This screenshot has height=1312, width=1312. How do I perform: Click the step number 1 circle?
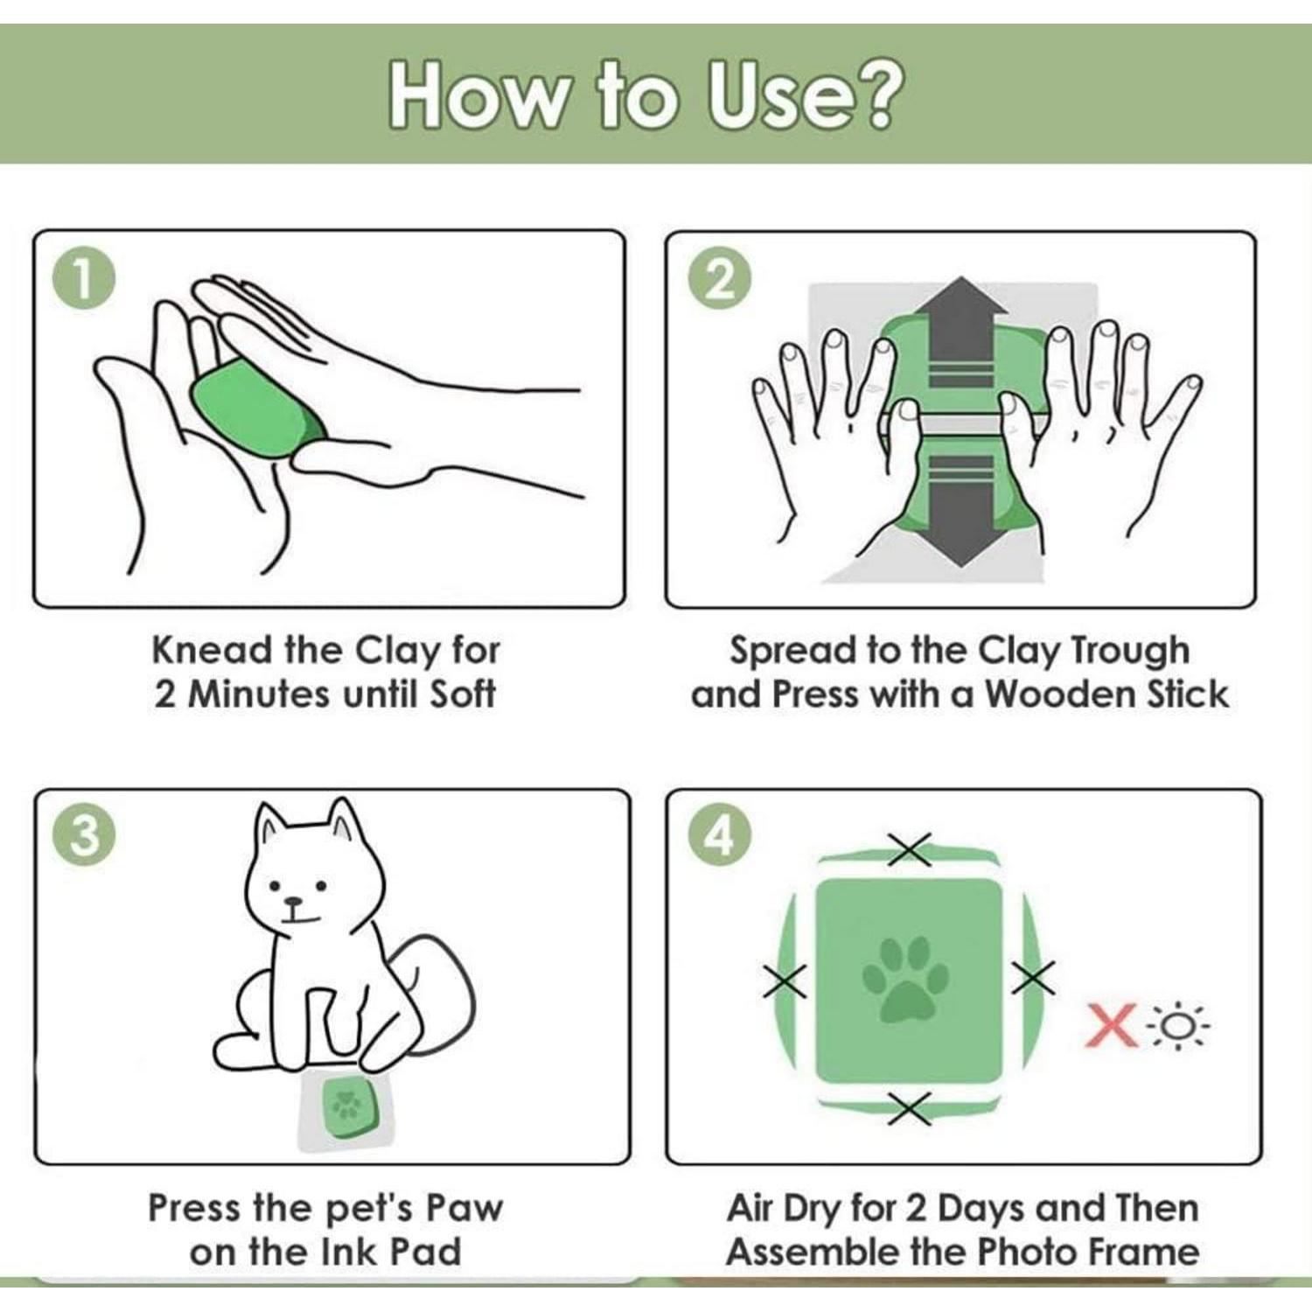[x=84, y=280]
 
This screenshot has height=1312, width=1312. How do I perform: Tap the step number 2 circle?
[x=719, y=280]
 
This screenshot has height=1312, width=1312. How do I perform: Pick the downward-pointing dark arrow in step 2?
[x=960, y=508]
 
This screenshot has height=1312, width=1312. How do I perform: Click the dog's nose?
[x=293, y=902]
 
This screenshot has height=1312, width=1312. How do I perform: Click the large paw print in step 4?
[x=906, y=980]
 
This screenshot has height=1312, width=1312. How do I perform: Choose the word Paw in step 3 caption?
[x=464, y=1209]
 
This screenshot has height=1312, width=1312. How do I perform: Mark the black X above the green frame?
[x=910, y=848]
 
